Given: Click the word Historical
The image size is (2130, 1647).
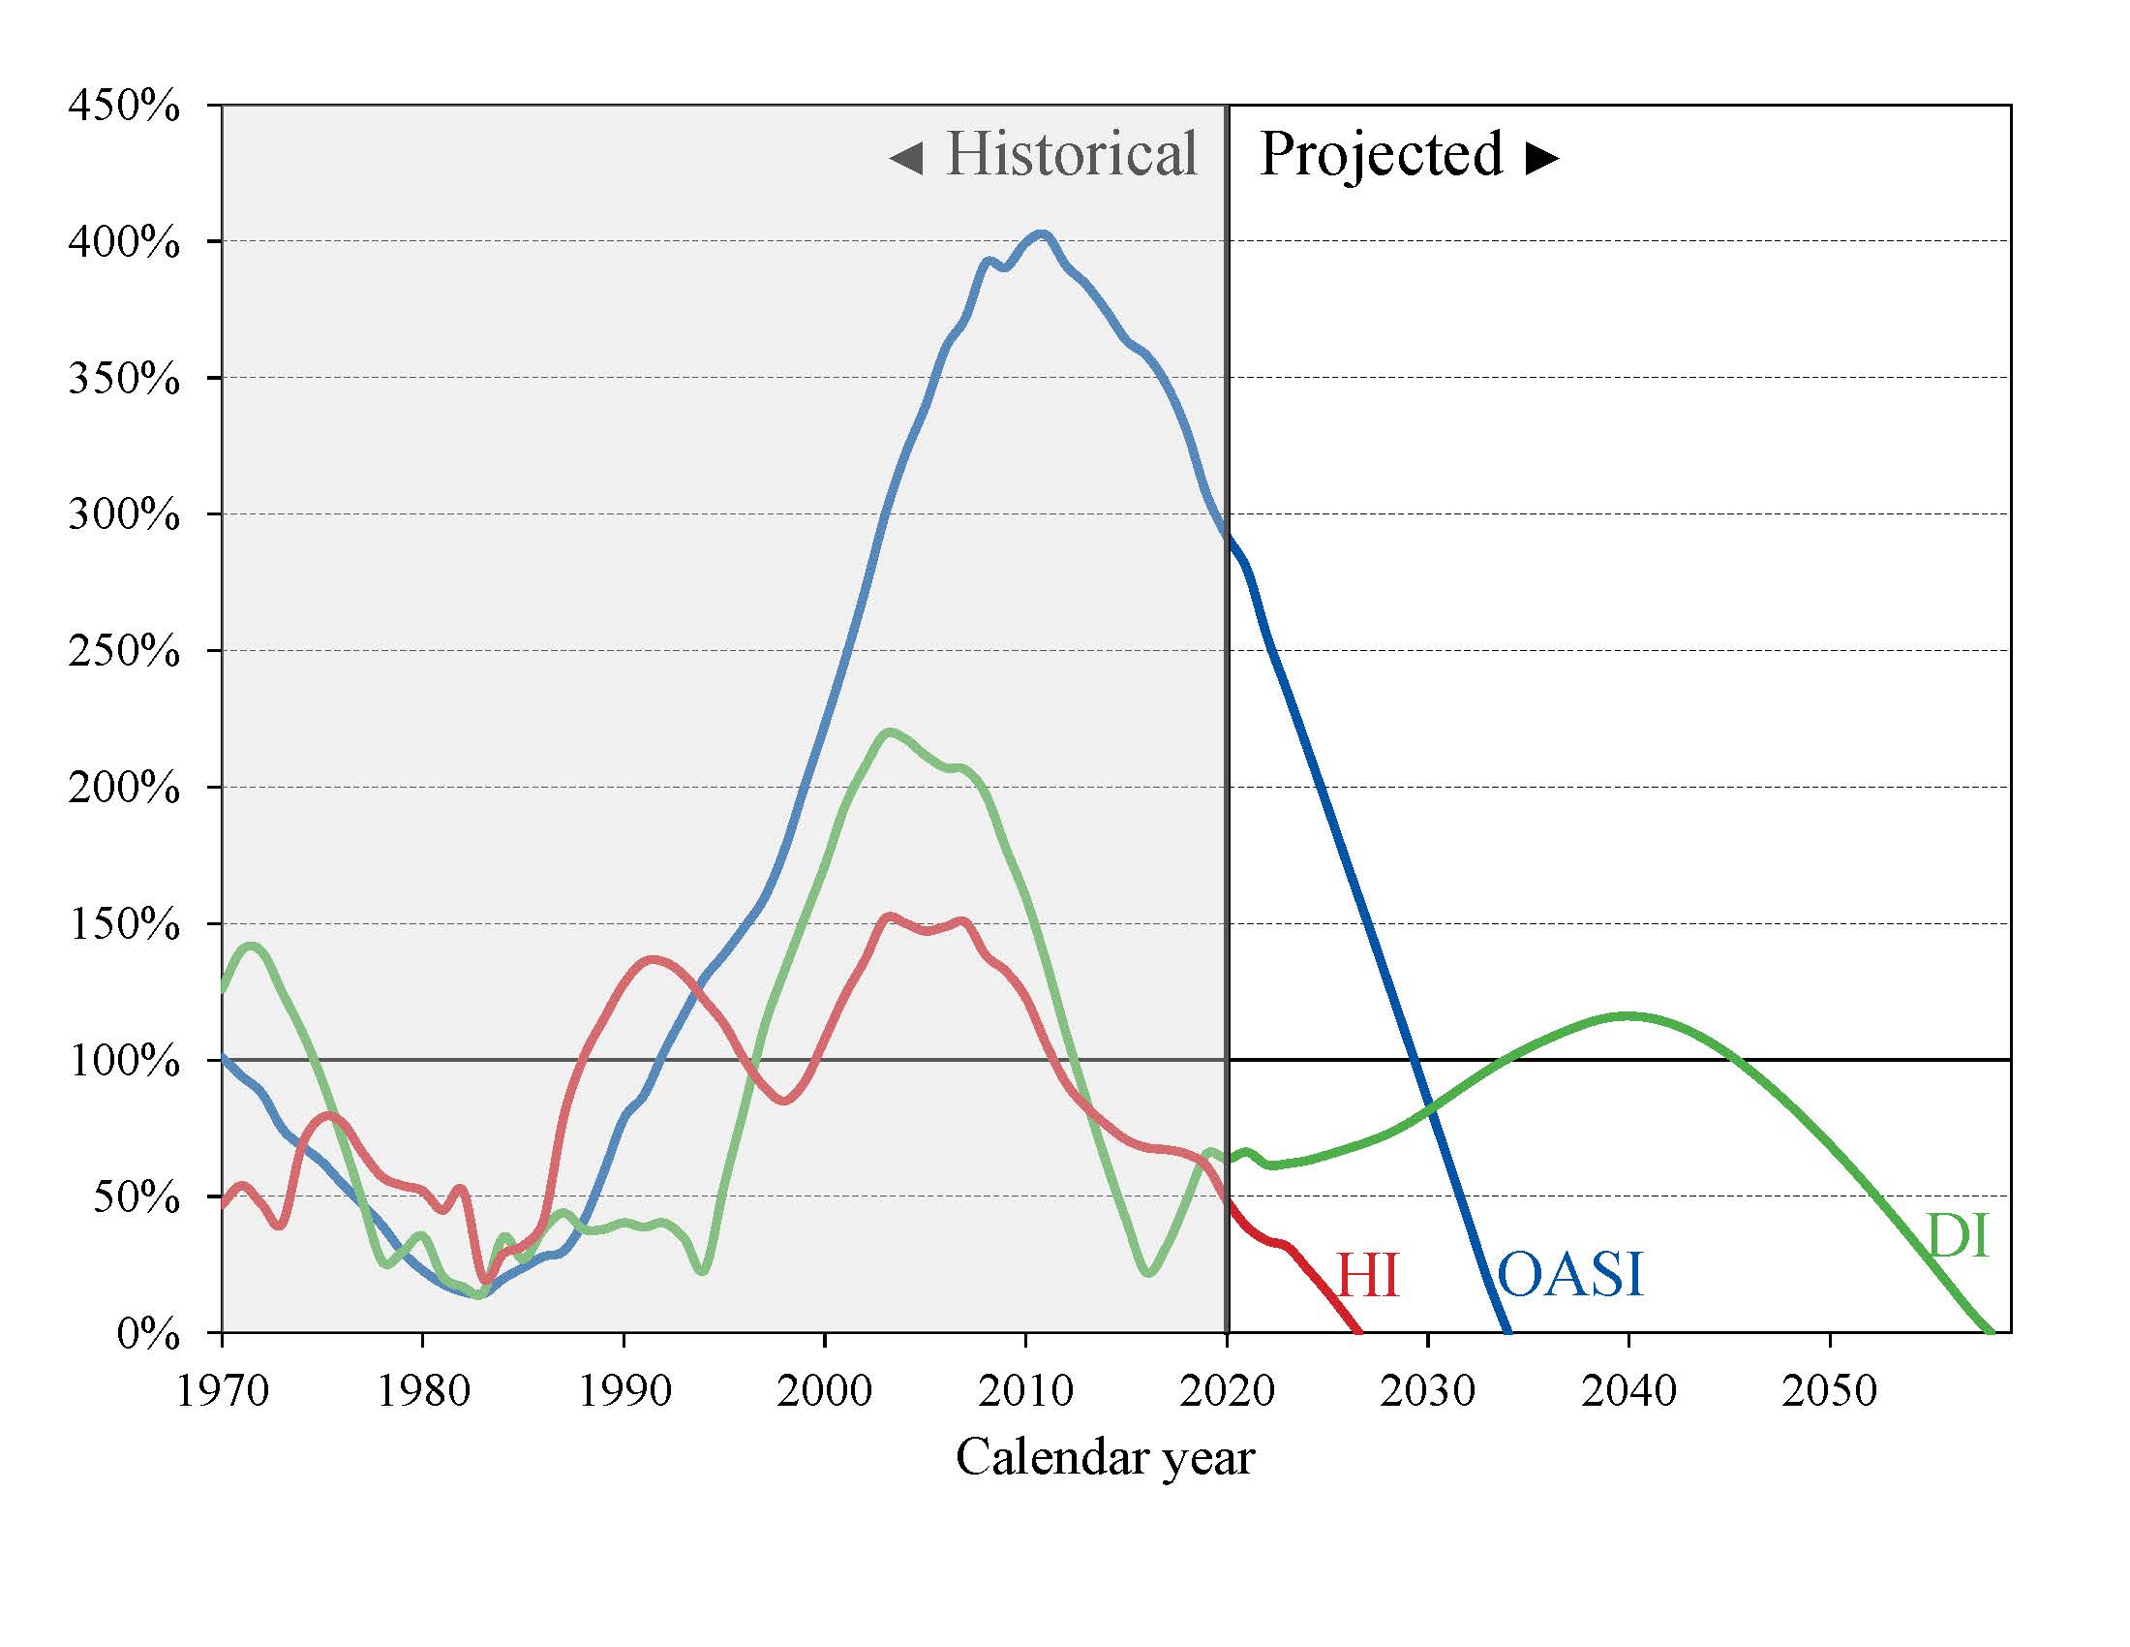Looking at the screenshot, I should pos(1071,154).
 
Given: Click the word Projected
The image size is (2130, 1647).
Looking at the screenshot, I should pos(1380,154).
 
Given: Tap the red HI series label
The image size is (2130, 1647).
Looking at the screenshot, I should pos(1367,1275).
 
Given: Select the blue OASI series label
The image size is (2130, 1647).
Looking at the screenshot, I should pos(1569,1274).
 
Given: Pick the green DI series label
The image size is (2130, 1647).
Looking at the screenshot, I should pos(1958,1236).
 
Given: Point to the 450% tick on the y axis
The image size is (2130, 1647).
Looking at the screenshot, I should pos(124,106).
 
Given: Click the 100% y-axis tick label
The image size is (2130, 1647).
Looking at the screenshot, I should pos(124,1061).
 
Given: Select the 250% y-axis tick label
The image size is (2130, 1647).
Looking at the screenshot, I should pos(124,651).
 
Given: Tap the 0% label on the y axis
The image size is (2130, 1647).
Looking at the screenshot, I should pos(147,1334).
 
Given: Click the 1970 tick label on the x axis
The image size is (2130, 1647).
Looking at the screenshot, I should pos(223,1390).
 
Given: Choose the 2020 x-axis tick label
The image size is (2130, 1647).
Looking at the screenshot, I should pos(1227,1390).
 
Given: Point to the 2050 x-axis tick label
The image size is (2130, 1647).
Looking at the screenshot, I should pos(1830,1390).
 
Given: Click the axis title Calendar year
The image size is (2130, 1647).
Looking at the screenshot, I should pos(1104,1458).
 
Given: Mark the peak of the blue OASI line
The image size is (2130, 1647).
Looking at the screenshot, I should pos(1042,234).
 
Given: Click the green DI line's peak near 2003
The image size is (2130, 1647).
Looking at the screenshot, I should pos(889,730).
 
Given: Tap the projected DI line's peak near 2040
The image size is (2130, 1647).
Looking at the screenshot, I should pos(1627,1015).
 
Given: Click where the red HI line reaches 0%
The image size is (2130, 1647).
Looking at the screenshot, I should pos(1357,1331).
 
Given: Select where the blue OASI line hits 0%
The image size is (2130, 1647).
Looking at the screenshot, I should pos(1507,1331).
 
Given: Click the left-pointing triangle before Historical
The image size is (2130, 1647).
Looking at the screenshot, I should pos(906,158).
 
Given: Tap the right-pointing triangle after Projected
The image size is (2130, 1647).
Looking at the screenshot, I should pos(1542,158).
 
